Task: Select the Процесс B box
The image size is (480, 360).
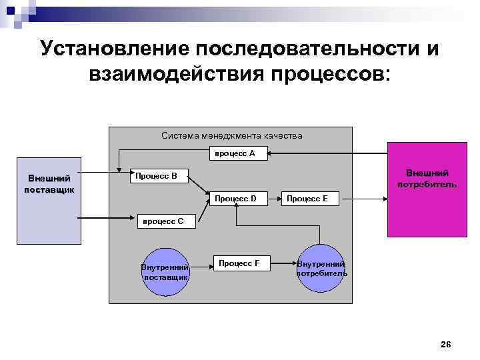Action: click(x=157, y=176)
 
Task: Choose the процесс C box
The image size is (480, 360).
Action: click(x=165, y=220)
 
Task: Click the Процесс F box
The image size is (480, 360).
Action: click(x=239, y=264)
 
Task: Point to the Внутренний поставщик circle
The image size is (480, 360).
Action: click(x=165, y=271)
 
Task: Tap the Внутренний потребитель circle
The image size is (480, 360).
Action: click(x=321, y=268)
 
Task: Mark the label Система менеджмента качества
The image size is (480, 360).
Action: click(x=231, y=135)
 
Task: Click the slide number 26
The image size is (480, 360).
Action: click(x=446, y=344)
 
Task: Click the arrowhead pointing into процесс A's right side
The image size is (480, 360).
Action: click(x=272, y=154)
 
